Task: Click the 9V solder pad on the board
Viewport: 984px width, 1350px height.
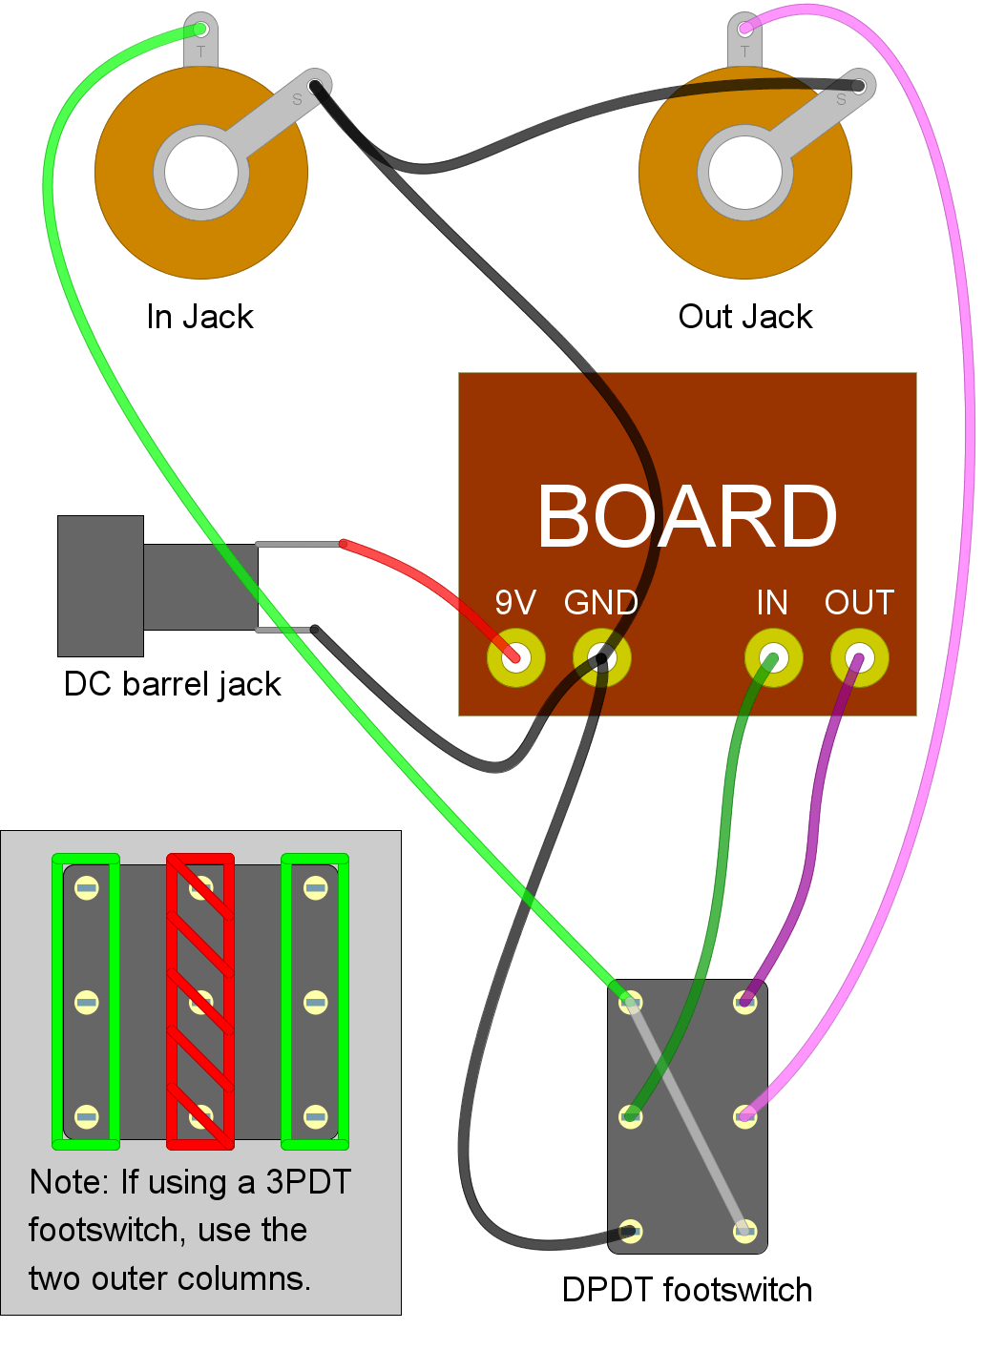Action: coord(515,657)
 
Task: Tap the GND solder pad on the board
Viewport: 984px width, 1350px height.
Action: coord(601,657)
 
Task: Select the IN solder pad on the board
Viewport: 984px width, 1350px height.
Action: coord(773,657)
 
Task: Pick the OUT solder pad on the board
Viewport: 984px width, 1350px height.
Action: coord(859,657)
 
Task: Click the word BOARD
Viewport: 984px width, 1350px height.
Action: coord(686,516)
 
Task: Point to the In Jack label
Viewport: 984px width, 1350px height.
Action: coord(199,317)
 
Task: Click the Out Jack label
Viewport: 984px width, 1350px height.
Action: coord(744,317)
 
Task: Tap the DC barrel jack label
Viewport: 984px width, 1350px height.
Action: coord(172,684)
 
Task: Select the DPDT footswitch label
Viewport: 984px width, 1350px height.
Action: coord(686,1290)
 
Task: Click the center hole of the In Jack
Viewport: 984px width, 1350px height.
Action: coord(200,173)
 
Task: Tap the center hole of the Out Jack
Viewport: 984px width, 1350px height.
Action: coord(744,173)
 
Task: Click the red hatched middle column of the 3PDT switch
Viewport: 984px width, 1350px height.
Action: coord(200,1002)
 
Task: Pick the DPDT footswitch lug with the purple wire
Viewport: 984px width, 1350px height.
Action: coord(744,1002)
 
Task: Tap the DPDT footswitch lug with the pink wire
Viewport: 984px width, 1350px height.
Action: coord(744,1115)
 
